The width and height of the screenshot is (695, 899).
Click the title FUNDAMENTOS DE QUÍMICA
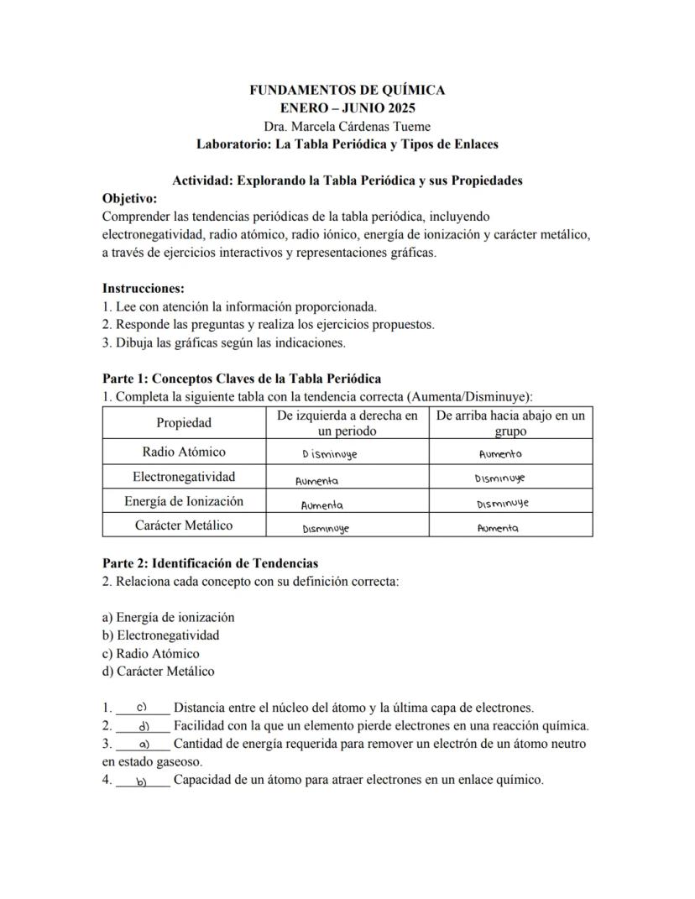pos(347,90)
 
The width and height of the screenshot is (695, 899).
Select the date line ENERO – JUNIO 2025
pos(347,108)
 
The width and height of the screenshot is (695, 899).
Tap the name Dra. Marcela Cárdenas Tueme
pos(347,126)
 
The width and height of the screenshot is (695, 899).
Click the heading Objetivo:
pos(129,198)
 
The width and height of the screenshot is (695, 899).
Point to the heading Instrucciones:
pos(143,288)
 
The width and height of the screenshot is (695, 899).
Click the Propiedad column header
pos(184,423)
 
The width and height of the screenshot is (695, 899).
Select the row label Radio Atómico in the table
pos(184,452)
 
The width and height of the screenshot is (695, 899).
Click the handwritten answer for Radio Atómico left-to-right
pos(329,453)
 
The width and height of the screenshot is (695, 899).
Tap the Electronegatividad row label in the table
pos(184,477)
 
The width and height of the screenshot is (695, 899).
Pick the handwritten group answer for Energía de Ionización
pos(502,504)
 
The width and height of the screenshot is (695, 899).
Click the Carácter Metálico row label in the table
pos(184,525)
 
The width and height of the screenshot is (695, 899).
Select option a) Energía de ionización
pos(168,617)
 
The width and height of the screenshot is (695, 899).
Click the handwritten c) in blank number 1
pos(142,707)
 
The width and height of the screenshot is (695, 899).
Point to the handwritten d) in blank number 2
pos(144,725)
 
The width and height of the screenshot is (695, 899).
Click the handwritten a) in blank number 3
pos(143,744)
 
